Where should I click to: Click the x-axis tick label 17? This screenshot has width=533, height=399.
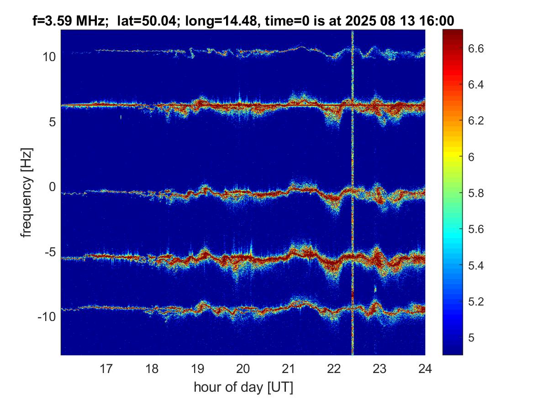106,368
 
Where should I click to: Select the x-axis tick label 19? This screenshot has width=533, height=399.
197,368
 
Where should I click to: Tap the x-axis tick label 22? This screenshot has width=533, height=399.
334,368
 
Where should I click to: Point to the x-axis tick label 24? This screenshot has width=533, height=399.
425,368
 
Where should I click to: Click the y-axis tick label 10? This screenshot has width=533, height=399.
49,57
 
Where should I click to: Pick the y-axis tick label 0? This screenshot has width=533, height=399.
52,187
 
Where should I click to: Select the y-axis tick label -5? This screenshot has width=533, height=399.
49,252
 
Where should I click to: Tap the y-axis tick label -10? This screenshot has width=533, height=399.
47,317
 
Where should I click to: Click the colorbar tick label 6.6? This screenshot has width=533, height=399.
475,48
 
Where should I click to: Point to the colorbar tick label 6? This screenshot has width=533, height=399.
471,157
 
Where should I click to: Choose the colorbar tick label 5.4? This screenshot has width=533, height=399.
475,265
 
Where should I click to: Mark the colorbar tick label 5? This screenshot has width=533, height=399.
471,337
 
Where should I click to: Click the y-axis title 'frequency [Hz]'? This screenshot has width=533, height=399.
26,193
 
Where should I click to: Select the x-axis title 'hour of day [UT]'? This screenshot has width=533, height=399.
243,387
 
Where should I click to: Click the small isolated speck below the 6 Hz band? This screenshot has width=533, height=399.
121,117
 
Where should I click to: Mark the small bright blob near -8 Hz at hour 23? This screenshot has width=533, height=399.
375,289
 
